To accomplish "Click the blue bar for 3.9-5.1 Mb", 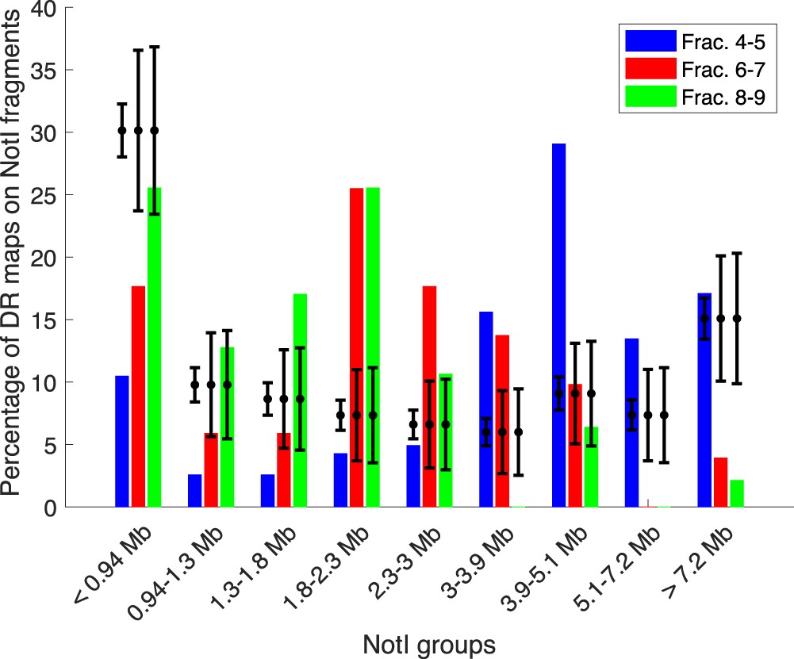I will coord(559,325).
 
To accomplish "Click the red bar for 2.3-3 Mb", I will coord(429,397).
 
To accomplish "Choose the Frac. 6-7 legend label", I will coord(726,68).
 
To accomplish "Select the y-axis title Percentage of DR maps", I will coord(14,254).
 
